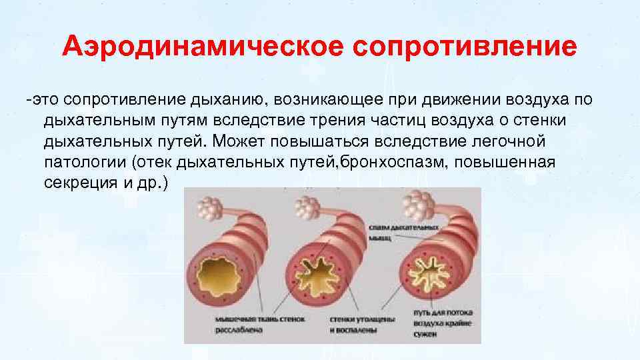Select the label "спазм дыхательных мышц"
coord(403,231)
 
